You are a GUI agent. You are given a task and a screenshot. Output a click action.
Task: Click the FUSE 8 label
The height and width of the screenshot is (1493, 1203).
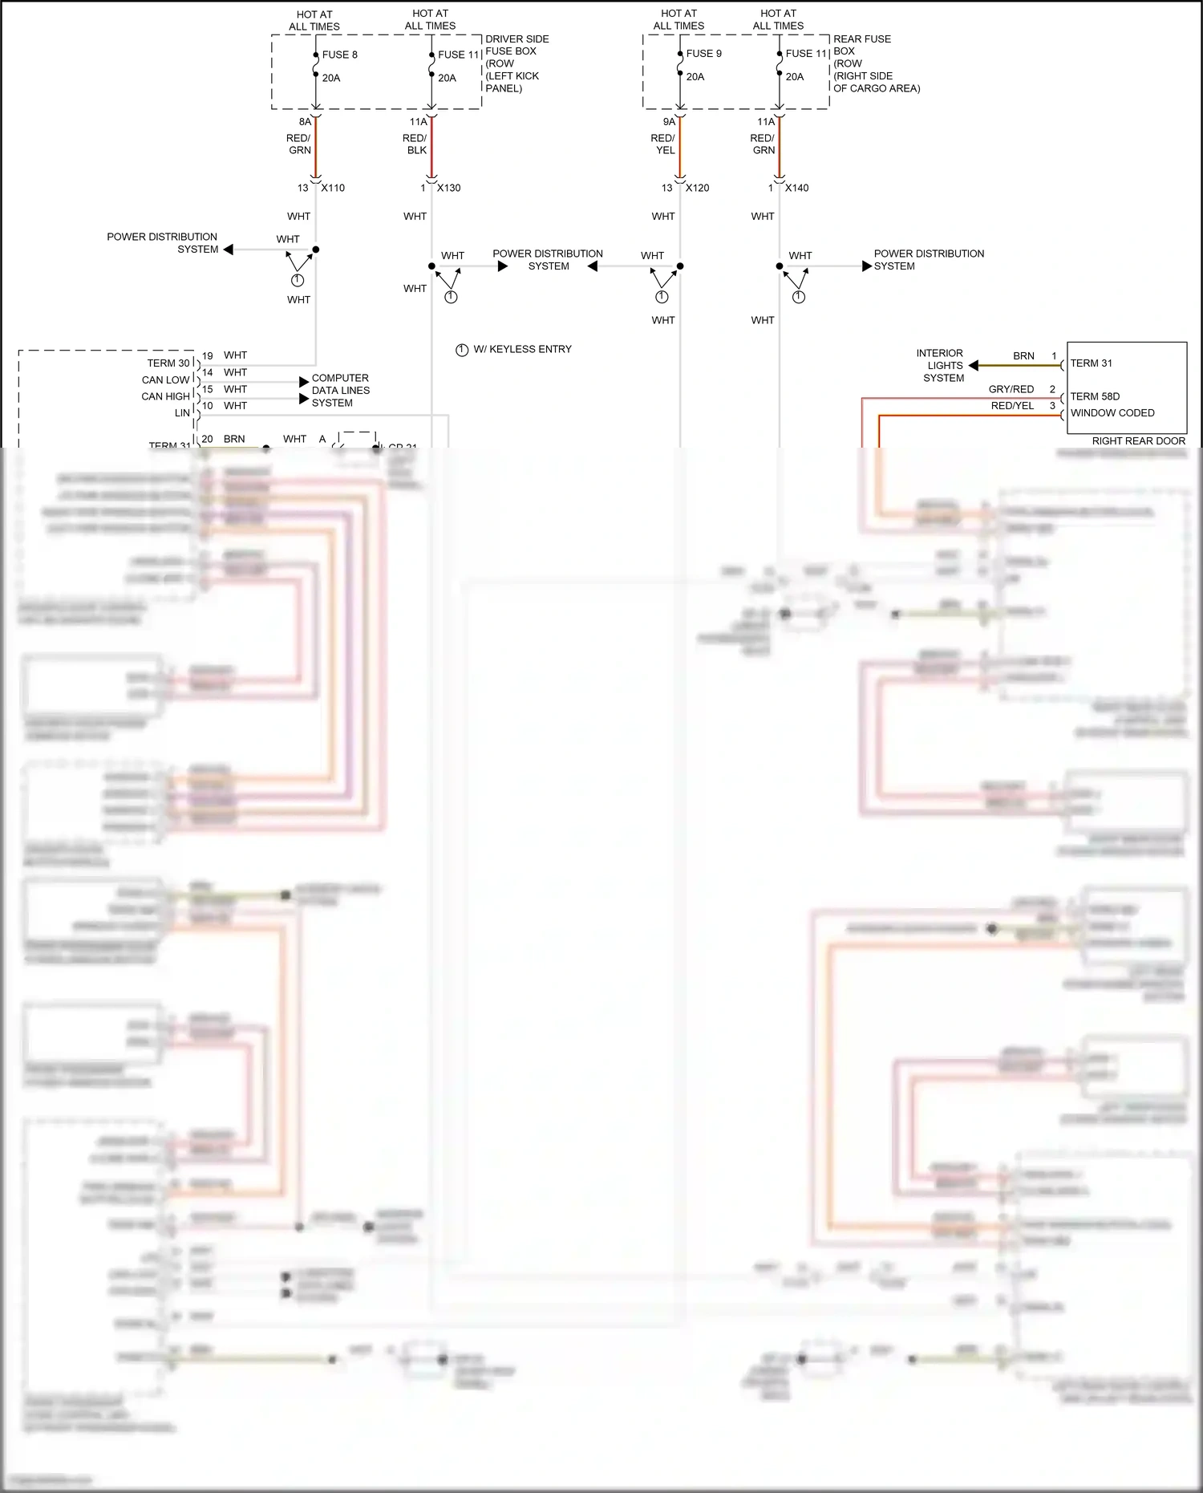coord(339,55)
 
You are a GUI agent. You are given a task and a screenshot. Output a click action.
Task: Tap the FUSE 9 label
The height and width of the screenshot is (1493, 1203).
coord(703,54)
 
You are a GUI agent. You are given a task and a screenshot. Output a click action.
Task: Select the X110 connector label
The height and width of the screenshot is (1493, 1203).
coord(333,188)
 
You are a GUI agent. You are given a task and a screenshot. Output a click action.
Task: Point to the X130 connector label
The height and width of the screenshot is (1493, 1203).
coord(448,188)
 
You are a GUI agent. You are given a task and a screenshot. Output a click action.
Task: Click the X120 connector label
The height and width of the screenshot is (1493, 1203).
coord(697,188)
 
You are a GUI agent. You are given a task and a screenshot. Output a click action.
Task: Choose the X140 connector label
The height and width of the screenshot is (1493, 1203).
coord(796,188)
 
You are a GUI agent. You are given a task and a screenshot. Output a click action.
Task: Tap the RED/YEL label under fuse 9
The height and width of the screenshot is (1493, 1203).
coord(663,144)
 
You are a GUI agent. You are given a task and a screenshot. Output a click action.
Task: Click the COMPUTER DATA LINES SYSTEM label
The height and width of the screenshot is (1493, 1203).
coord(340,390)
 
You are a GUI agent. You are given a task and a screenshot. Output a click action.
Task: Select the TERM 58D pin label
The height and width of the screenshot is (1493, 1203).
coord(1095,396)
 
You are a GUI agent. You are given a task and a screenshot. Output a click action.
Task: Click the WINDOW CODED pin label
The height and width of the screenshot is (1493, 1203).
coord(1112,413)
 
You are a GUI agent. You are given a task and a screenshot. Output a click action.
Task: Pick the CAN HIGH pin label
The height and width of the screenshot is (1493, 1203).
coord(166,396)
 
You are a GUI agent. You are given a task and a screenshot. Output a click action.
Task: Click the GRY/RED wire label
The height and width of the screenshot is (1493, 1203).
coord(1011,389)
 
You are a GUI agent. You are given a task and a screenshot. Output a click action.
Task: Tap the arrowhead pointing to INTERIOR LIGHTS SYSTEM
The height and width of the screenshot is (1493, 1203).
coord(974,366)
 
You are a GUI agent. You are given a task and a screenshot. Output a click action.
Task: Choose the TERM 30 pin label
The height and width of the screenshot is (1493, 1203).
coord(168,363)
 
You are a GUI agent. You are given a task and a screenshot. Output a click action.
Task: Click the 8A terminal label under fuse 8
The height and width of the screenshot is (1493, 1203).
coord(305,122)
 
